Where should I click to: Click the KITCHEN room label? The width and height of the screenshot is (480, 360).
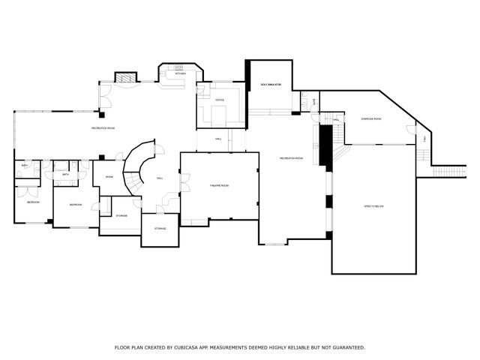click(x=180, y=73)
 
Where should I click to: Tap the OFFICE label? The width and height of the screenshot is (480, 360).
click(x=220, y=100)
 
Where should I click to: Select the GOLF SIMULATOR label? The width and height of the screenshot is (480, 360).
click(x=270, y=85)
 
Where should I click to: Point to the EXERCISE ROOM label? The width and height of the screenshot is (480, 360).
click(x=371, y=119)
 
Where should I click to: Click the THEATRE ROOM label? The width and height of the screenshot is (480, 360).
click(x=219, y=185)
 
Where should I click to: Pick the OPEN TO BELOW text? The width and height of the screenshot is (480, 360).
click(x=373, y=205)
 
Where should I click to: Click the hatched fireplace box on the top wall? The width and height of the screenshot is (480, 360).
click(x=125, y=77)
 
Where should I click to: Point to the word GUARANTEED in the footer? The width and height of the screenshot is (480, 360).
click(x=344, y=347)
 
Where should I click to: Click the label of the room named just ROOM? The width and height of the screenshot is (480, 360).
click(x=109, y=177)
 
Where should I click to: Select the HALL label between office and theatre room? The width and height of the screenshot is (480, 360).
click(x=219, y=139)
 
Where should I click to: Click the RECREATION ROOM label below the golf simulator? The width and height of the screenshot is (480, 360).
click(x=291, y=158)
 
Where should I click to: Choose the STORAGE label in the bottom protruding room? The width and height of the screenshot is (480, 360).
click(x=160, y=228)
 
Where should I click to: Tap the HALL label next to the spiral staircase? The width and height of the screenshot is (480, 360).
click(x=160, y=178)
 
